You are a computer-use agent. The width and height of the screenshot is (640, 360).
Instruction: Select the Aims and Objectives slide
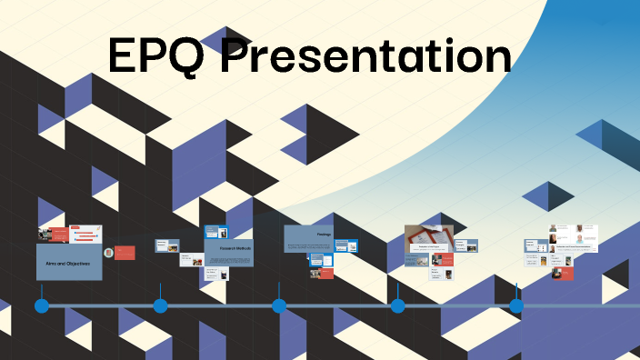(68, 262)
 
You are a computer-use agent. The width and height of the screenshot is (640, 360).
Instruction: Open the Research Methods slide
(229, 252)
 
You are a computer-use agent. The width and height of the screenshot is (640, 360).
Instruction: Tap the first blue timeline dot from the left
(41, 305)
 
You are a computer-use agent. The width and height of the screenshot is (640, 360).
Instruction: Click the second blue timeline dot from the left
(160, 305)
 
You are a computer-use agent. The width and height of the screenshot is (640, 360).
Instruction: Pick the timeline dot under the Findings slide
(279, 305)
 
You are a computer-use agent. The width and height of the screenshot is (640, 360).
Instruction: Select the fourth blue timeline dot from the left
(397, 305)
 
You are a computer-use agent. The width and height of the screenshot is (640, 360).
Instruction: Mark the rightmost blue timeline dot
(516, 305)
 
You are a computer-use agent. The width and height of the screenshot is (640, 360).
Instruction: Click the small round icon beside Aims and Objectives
(109, 252)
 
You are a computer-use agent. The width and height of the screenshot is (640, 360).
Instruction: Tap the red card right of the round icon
(125, 252)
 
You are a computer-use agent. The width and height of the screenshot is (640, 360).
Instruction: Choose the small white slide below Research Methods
(215, 271)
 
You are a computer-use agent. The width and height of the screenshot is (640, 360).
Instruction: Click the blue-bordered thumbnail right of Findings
(345, 245)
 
